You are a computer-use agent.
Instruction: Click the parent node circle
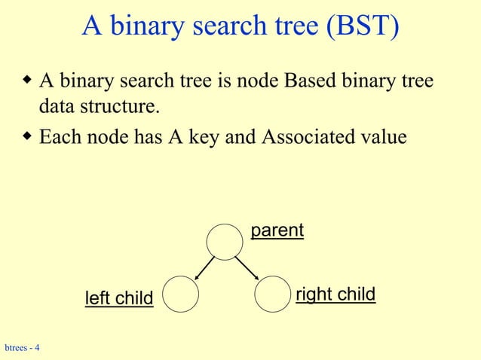[x=225, y=241]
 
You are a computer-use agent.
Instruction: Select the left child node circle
[x=179, y=294]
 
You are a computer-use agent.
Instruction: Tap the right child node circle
[x=272, y=294]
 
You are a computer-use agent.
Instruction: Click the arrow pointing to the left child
[x=201, y=267]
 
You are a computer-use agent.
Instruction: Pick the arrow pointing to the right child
[x=248, y=267]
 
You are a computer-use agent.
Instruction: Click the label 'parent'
[x=277, y=230]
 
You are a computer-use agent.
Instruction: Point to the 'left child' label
[x=118, y=298]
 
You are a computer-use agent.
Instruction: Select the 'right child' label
[x=335, y=294]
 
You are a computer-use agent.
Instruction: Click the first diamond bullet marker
[x=28, y=79]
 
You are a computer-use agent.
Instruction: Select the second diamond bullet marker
[x=28, y=137]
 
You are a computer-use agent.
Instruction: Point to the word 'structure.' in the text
[x=124, y=107]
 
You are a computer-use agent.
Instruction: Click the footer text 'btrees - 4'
[x=23, y=348]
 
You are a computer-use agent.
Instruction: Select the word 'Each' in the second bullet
[x=60, y=138]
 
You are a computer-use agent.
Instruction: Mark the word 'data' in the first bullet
[x=57, y=107]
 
